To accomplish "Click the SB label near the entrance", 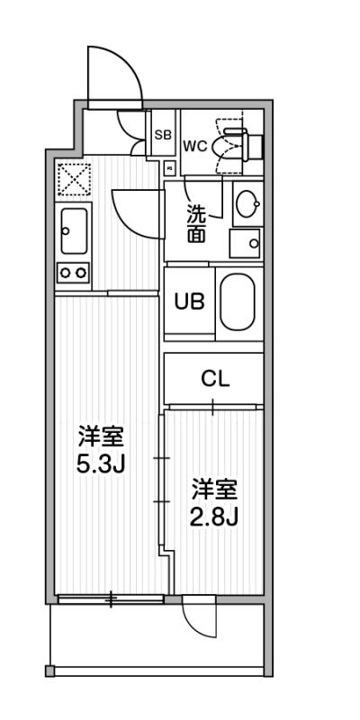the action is point(163,135).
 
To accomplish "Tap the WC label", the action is point(195,146).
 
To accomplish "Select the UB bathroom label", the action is point(189,301).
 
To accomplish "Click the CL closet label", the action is point(215,379).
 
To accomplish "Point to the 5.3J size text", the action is point(101,465).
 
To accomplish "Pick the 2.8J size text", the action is point(214,518).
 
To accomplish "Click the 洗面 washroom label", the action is point(195,223).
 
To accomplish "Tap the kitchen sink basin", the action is point(74,231).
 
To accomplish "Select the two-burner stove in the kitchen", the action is point(74,273).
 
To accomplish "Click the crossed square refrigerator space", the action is point(74,178).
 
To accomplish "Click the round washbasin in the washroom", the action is point(247,203).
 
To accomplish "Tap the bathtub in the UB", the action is point(237,302).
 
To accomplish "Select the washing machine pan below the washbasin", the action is point(245,243).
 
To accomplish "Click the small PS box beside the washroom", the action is point(169,168).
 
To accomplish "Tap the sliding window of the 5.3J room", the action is point(111,598).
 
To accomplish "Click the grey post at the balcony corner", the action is point(50,670).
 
